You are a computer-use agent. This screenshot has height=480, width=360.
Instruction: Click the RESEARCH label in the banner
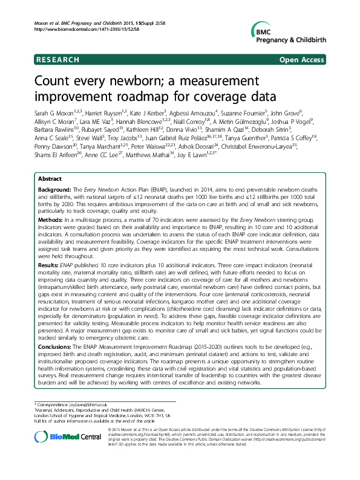click(57, 60)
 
